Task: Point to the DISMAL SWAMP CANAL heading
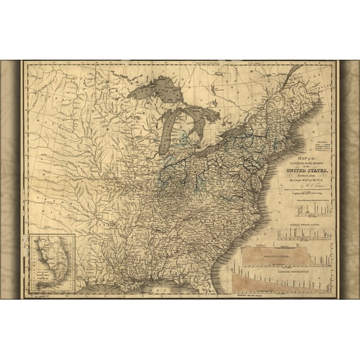point(294,224)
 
